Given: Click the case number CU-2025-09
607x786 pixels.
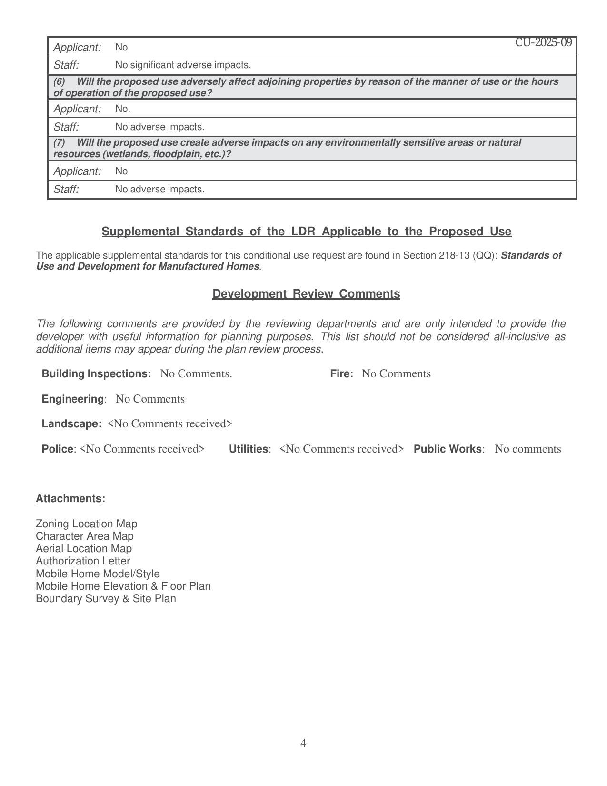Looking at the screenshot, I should [543, 43].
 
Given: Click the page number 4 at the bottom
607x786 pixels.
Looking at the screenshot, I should [303, 743].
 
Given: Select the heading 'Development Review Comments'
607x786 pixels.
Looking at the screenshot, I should [306, 294].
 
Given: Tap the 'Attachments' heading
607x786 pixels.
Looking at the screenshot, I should [69, 499].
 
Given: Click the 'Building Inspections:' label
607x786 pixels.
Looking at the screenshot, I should [96, 374].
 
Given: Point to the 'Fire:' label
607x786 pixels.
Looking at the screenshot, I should [341, 374].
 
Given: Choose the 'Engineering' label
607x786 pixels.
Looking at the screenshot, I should [73, 399].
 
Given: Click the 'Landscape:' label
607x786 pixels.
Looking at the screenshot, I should [71, 424].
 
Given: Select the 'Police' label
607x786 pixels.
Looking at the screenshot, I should [58, 449].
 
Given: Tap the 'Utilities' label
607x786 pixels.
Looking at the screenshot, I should [249, 449].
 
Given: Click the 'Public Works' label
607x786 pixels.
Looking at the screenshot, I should [448, 449].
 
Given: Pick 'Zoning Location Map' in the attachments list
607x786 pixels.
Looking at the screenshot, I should [87, 524].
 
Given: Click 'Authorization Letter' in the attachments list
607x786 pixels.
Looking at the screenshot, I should [83, 561].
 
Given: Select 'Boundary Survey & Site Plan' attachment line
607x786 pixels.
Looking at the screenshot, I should [106, 599].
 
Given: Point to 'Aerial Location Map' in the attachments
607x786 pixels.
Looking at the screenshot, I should [84, 549].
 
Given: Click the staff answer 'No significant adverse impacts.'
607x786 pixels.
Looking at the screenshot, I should [183, 65].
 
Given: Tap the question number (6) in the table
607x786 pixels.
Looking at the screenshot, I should [59, 82].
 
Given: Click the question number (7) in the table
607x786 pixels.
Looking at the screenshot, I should [59, 143].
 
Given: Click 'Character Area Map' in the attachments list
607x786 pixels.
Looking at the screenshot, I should [85, 536].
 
